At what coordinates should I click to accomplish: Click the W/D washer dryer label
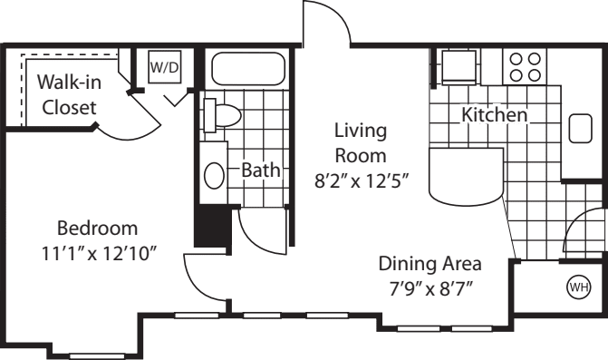[164, 67]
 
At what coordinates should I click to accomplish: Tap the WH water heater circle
[576, 287]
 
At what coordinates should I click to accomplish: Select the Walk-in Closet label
[68, 94]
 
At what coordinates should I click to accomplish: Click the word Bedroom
[97, 227]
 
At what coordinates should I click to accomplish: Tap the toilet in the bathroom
[223, 115]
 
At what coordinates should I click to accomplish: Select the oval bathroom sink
[215, 175]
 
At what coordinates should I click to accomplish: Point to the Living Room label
[360, 142]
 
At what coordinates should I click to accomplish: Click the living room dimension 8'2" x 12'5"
[360, 180]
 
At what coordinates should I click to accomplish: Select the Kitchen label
[494, 116]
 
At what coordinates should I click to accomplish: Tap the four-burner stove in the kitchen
[526, 66]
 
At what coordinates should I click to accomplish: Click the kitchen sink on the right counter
[580, 129]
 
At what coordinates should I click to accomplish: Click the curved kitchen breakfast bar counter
[462, 179]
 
